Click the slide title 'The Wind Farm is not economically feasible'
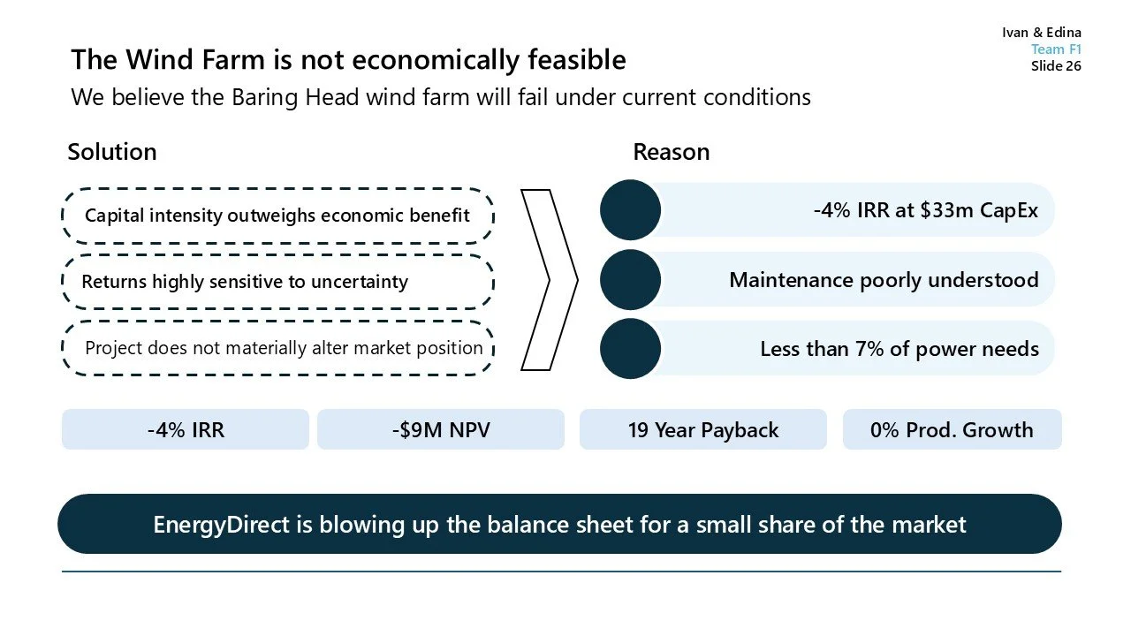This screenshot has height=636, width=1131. point(348,60)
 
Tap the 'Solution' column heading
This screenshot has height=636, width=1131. point(112,152)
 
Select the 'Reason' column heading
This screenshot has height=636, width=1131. point(671,152)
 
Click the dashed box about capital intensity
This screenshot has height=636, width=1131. point(277,216)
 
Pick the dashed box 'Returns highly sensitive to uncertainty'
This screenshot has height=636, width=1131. point(277,282)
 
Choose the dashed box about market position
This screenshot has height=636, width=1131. point(277,348)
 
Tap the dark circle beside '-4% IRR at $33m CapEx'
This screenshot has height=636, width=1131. point(630,210)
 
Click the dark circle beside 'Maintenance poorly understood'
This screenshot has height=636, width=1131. point(630,279)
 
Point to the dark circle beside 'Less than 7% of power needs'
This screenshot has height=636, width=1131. point(630,348)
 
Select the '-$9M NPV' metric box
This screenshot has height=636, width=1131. point(440,430)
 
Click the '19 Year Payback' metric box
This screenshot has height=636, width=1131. point(702,430)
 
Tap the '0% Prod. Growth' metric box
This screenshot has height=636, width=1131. point(952,430)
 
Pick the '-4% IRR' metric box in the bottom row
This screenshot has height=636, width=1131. point(186,430)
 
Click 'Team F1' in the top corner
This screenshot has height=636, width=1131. point(1056,49)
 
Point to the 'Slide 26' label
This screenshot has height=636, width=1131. point(1056,66)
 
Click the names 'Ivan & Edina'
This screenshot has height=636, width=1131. point(1042,33)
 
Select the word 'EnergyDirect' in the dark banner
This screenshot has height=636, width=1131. point(221,525)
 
